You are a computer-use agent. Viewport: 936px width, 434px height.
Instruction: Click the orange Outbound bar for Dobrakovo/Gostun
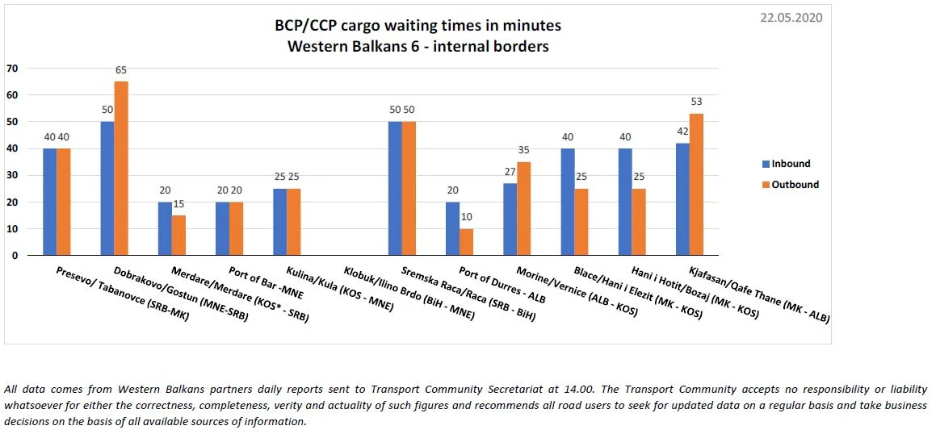pos(120,168)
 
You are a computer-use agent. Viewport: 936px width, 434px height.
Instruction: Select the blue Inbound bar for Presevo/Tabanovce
pos(49,202)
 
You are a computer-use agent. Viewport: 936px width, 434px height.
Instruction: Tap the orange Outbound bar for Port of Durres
pos(467,242)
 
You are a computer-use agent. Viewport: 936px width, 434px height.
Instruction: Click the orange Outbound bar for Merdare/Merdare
pos(178,235)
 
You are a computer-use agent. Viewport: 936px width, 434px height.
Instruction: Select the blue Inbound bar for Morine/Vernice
pos(510,219)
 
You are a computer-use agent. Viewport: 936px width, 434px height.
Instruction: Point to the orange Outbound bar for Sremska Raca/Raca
pos(409,188)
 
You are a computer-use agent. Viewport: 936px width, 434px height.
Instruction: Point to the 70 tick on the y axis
pos(11,68)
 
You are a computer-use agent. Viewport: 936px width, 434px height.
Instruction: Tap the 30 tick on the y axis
pos(11,175)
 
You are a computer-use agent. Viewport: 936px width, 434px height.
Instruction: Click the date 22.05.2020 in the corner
pos(791,17)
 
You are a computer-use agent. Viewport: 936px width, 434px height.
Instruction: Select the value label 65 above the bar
pos(121,70)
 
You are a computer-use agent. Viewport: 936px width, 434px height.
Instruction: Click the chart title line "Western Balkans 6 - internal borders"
pos(418,46)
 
